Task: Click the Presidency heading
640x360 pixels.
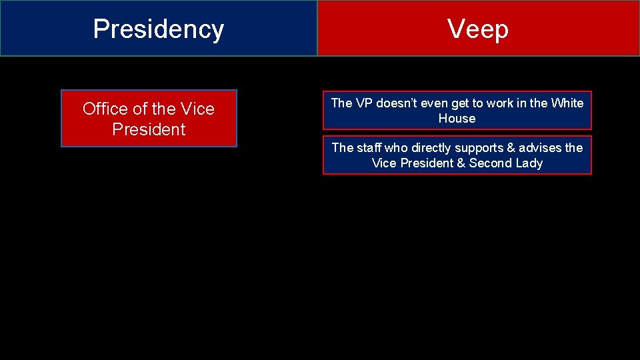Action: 158,29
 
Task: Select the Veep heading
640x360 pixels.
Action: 477,29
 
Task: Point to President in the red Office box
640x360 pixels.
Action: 149,129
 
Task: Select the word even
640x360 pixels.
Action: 435,103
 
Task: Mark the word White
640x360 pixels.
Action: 567,103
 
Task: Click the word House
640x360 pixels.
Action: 457,119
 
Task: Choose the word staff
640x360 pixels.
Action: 368,148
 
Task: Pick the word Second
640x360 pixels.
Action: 493,163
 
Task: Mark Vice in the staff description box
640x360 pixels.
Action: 384,163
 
